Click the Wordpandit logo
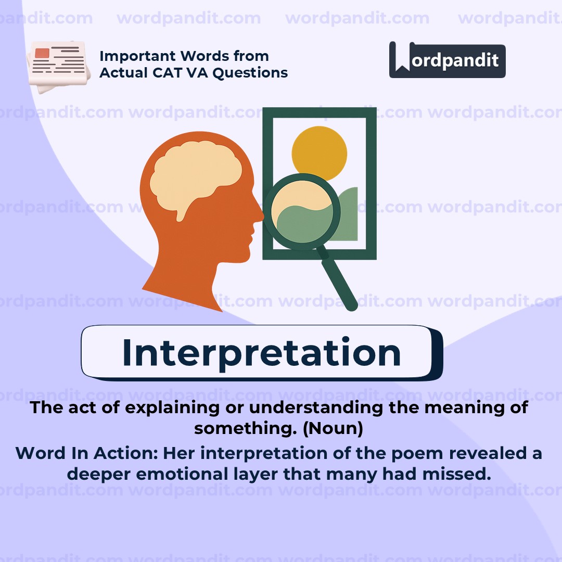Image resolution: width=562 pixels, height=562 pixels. point(447,60)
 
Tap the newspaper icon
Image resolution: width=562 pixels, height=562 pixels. point(57,66)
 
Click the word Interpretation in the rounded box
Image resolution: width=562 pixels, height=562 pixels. point(261,352)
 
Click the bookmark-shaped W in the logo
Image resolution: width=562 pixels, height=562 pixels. point(401,58)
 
